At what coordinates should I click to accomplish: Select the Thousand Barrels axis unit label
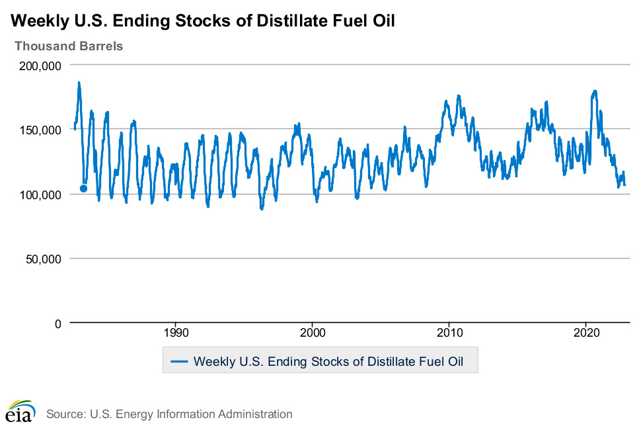tap(69, 46)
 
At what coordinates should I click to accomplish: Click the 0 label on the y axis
tap(57, 323)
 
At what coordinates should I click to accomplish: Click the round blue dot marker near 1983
tap(83, 189)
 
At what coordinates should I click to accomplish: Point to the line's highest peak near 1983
tap(79, 83)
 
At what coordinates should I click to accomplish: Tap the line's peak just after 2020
tap(595, 91)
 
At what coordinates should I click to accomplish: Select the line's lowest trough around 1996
tap(262, 208)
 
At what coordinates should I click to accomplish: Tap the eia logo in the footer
tap(19, 411)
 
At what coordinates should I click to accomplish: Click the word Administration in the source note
tap(255, 415)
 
